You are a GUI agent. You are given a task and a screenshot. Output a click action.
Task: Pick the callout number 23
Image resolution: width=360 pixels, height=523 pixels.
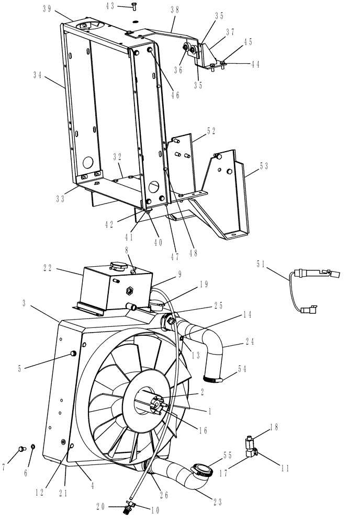coord(218,502)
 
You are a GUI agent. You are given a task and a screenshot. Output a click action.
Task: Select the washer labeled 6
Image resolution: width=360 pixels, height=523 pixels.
coord(32,447)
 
